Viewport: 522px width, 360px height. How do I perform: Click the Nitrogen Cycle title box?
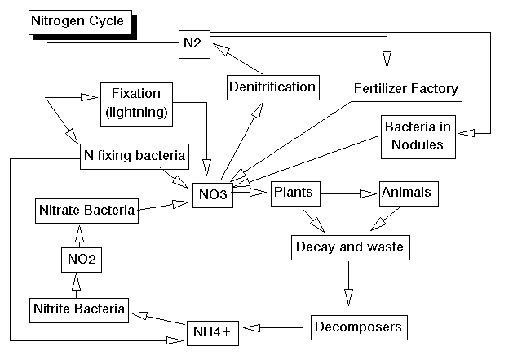[77, 21]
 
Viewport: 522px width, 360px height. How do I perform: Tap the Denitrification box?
[272, 87]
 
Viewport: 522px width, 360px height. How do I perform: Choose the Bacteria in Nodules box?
[414, 136]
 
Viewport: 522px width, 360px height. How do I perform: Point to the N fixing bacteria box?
[135, 155]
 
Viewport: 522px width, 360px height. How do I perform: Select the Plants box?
[294, 192]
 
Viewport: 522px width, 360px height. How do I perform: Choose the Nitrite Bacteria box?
[79, 309]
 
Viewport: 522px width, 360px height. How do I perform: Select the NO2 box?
[79, 261]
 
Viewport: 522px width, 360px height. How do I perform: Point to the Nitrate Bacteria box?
[86, 211]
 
